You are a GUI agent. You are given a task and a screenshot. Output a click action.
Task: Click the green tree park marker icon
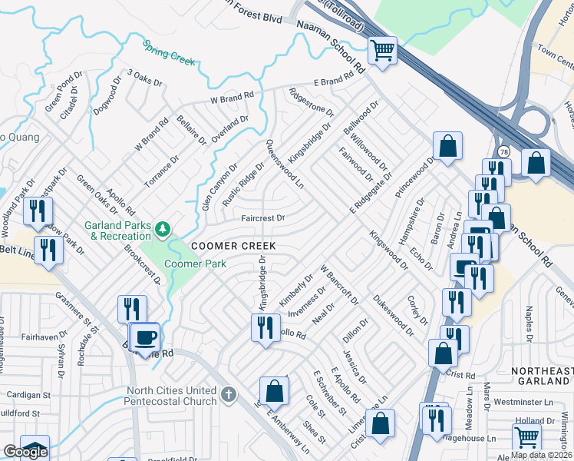tap(162, 229)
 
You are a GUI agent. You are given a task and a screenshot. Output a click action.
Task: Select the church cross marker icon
tap(227, 395)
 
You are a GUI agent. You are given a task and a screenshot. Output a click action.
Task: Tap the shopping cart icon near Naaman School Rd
tap(382, 51)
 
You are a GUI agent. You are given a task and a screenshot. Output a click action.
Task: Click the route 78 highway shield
tap(503, 151)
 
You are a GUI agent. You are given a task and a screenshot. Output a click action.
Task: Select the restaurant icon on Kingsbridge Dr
tap(266, 328)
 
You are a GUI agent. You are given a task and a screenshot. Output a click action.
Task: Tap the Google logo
tap(25, 452)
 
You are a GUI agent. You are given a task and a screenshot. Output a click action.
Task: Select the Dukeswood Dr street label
tap(393, 313)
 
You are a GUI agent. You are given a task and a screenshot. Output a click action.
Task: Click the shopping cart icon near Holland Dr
tap(526, 438)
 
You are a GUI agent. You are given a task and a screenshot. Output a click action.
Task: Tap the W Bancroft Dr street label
tap(339, 284)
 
